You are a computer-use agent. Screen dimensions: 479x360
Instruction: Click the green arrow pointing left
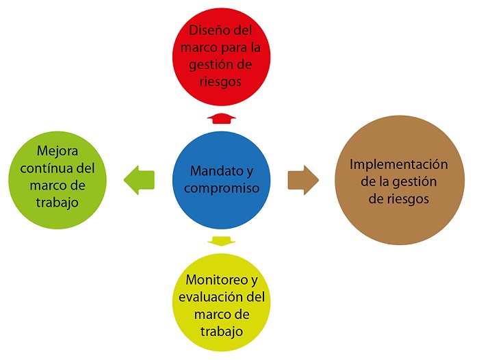tap(140, 180)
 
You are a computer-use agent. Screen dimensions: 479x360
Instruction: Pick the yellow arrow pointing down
tap(220, 240)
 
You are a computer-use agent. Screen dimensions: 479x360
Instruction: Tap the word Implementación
tap(398, 165)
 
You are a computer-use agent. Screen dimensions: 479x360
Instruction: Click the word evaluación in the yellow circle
tap(207, 298)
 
